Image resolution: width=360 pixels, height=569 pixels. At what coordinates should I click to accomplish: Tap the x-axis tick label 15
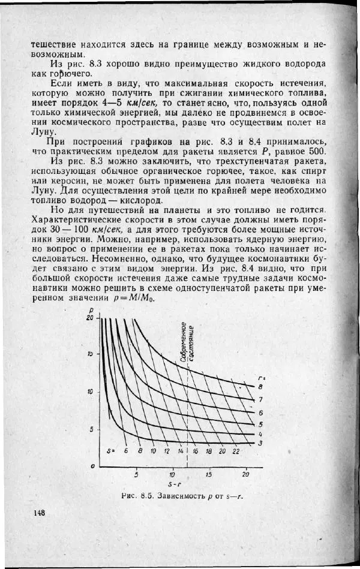[209, 475]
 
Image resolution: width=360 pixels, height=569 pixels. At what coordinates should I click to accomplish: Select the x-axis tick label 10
[172, 475]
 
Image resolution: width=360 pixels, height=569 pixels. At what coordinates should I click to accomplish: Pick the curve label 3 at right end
[260, 443]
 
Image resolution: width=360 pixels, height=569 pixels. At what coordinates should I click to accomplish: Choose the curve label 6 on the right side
[260, 413]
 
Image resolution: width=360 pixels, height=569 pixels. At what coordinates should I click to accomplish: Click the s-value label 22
[236, 451]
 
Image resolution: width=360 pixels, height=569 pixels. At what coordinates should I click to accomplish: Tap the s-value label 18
[208, 451]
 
